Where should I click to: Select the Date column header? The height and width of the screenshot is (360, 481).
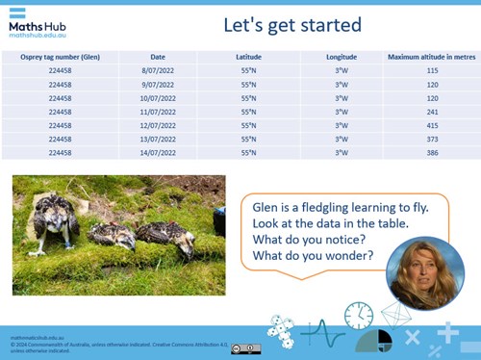tap(158, 57)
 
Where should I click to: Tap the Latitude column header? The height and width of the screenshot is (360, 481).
tap(248, 57)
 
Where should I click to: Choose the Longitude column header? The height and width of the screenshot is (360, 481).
tap(341, 57)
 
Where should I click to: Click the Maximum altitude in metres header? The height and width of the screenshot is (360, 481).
tap(431, 57)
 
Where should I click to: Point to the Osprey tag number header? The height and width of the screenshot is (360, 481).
tap(60, 57)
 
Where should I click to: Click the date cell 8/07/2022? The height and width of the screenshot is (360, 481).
tap(158, 71)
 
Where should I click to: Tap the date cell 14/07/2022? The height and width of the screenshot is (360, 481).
tap(158, 152)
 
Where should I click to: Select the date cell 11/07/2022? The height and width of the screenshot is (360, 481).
tap(158, 112)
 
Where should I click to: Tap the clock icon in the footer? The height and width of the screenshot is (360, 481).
tap(359, 315)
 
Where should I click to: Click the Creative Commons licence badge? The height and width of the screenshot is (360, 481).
tap(245, 348)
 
